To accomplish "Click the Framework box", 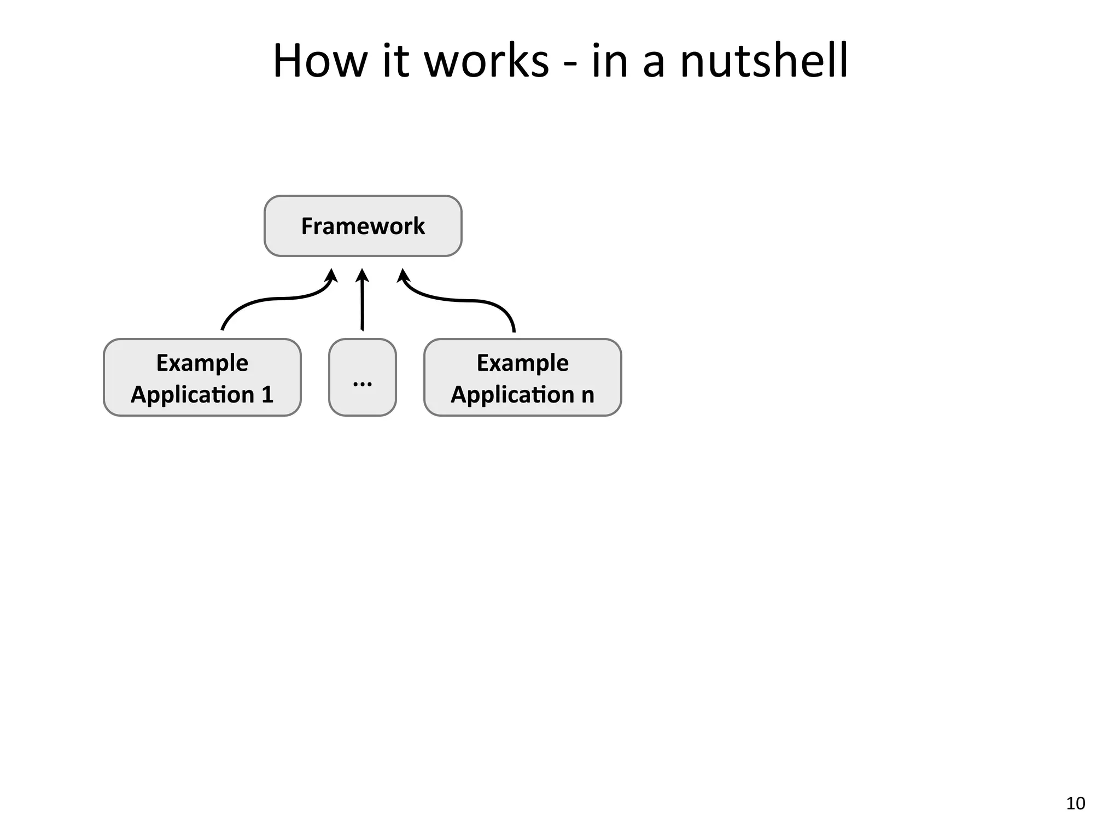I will (x=363, y=226).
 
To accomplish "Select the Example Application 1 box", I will (x=202, y=377).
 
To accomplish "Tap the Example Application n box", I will (x=522, y=377).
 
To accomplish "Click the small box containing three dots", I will (x=362, y=377).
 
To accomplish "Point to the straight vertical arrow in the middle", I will (x=362, y=306).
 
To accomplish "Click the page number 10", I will (x=1075, y=803).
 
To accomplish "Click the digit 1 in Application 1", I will (x=267, y=395).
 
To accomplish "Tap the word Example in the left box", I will (x=202, y=363).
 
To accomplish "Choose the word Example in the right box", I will (x=522, y=363).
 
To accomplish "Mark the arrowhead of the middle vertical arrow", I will (x=362, y=275).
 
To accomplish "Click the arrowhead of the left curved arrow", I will (x=331, y=275).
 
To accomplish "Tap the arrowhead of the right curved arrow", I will (x=403, y=275).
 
